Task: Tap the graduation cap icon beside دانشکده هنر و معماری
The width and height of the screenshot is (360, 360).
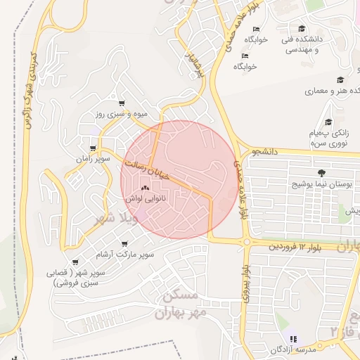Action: [x=341, y=80]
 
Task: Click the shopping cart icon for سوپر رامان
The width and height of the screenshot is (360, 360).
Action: [x=93, y=148]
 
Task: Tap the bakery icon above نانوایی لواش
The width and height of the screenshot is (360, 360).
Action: [x=146, y=188]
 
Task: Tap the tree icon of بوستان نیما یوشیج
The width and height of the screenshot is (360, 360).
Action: [x=321, y=172]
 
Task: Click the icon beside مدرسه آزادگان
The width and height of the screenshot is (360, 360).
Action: [x=293, y=338]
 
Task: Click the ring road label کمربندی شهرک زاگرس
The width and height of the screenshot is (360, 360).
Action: [x=30, y=91]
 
